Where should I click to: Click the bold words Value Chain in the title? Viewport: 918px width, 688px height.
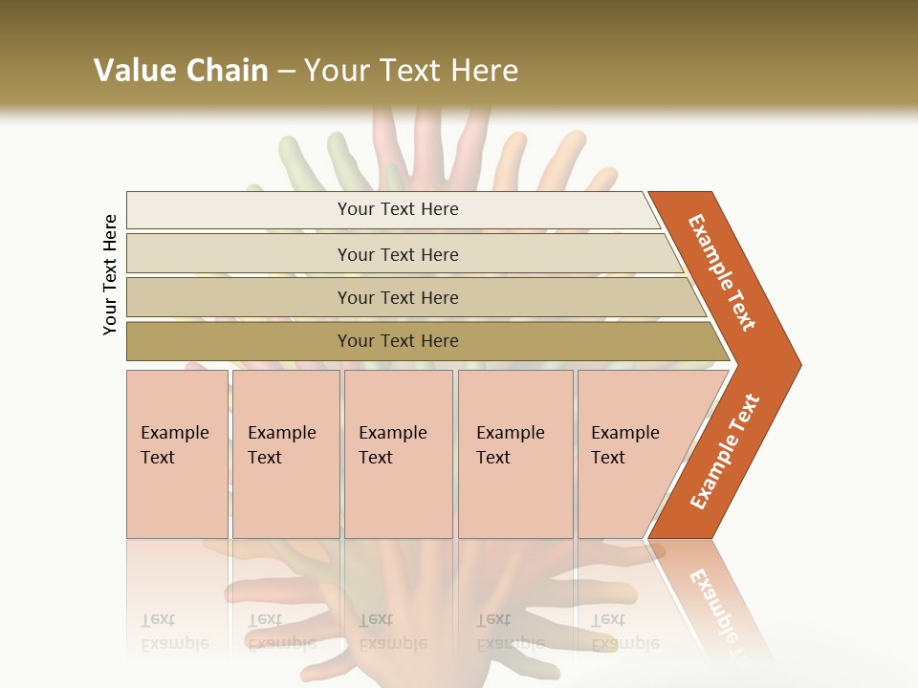[181, 71]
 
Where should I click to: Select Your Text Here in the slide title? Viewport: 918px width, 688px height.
[411, 71]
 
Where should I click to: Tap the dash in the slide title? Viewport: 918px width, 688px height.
[286, 72]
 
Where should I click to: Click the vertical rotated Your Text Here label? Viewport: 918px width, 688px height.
[111, 275]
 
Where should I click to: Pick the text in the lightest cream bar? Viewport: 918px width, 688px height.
[398, 209]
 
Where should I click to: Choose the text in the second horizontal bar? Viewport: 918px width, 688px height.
[398, 254]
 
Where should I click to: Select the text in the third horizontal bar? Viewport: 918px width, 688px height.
[398, 297]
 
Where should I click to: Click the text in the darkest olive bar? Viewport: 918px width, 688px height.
[398, 341]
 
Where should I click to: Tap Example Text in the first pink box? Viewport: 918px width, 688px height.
[174, 444]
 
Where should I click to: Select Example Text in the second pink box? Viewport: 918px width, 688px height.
[281, 444]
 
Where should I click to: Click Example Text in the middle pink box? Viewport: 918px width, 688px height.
[392, 444]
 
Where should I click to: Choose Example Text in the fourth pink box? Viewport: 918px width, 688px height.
[510, 444]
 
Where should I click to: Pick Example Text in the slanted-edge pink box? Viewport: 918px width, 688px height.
[624, 444]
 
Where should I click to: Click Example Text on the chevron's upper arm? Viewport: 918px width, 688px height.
[723, 272]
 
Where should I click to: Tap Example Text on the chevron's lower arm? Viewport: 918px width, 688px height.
[724, 452]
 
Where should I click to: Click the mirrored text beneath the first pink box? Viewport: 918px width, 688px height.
[174, 632]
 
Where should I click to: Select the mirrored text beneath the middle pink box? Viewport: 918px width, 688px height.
[392, 632]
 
